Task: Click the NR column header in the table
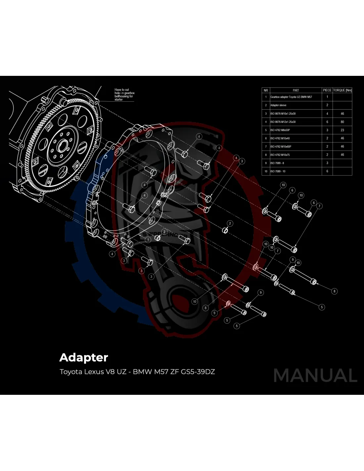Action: pyautogui.click(x=266, y=90)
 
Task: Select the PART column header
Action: pyautogui.click(x=296, y=90)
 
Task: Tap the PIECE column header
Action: pyautogui.click(x=327, y=90)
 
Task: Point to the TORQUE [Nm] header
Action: pyautogui.click(x=342, y=90)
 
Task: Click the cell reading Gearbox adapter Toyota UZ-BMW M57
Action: pyautogui.click(x=291, y=97)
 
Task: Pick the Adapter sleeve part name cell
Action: pyautogui.click(x=279, y=105)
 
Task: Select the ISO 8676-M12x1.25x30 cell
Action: pyautogui.click(x=283, y=122)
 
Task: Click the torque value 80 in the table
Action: pyautogui.click(x=342, y=122)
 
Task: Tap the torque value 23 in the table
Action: pyautogui.click(x=342, y=130)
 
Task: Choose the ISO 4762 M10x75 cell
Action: pyautogui.click(x=280, y=155)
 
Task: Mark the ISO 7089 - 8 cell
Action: pyautogui.click(x=277, y=163)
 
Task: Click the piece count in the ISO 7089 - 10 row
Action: pyautogui.click(x=327, y=171)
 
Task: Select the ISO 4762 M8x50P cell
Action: pyautogui.click(x=280, y=130)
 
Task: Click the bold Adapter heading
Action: pyautogui.click(x=84, y=357)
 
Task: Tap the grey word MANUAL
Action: pyautogui.click(x=315, y=375)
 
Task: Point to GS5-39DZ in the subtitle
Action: pyautogui.click(x=198, y=372)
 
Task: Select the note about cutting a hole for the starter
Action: pyautogui.click(x=124, y=94)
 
